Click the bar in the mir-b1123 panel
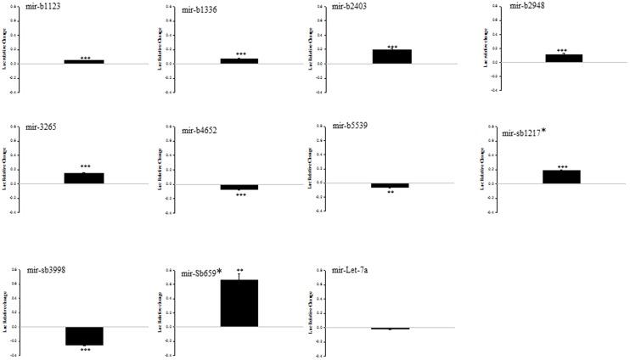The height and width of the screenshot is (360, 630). [84, 62]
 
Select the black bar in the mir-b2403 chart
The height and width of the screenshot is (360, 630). [391, 57]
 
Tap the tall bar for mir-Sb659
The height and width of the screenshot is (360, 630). [239, 303]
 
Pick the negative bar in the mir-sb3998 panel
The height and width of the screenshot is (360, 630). [84, 336]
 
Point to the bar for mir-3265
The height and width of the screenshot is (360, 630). [85, 178]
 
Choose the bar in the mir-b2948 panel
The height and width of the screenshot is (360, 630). [563, 59]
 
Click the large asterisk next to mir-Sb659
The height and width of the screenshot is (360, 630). [220, 272]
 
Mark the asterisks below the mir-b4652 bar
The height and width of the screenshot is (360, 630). [241, 194]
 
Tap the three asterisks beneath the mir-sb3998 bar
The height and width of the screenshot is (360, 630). [85, 349]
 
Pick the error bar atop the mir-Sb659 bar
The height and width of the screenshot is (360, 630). [239, 275]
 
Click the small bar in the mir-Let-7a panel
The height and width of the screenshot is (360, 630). [390, 328]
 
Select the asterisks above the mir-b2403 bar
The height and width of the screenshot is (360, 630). [391, 47]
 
